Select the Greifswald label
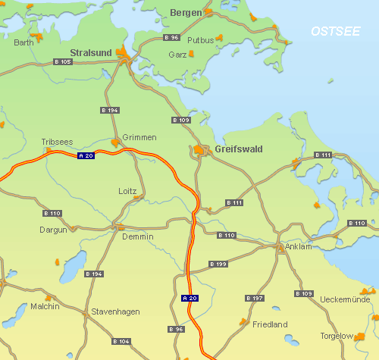238,149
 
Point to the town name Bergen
186,12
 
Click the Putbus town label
200,39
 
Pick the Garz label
177,55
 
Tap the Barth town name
24,42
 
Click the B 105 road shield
63,61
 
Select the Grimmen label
139,137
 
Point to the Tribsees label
57,142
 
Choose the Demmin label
137,236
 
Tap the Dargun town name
53,229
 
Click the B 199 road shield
218,264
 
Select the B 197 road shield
255,299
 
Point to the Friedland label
270,324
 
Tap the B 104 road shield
121,342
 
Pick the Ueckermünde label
345,300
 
